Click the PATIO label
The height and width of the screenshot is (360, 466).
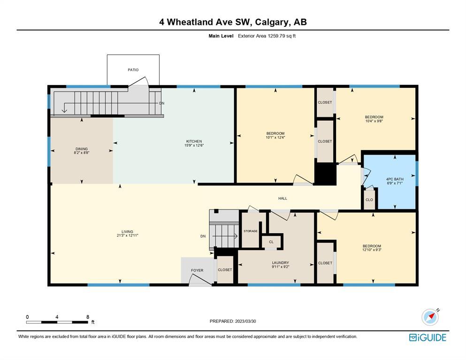coord(133,70)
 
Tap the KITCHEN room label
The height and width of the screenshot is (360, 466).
coord(194,141)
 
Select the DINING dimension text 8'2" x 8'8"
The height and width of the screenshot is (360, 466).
coord(82,153)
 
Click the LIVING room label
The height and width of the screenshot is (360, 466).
coord(127,231)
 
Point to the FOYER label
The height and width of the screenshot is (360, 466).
coord(197,270)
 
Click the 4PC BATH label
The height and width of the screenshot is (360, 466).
coord(395,179)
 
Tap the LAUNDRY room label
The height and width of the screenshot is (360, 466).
coord(280,263)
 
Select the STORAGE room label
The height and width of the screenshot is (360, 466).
coord(251,231)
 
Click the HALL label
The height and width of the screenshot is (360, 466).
coord(283,198)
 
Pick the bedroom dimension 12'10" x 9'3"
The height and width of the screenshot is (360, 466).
coord(372,250)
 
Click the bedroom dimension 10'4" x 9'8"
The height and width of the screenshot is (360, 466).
coord(374,121)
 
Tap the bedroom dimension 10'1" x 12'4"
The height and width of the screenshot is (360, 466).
coord(275,138)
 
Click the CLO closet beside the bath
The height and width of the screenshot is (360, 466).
coord(369,200)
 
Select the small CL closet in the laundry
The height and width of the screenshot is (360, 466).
coord(271,242)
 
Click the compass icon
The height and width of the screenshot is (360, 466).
coord(430,317)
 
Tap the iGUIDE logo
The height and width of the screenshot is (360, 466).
coord(428,337)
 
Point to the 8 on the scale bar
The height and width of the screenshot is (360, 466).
coord(88,317)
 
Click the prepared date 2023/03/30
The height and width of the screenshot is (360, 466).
coord(245,322)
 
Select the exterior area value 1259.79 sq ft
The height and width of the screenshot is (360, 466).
coord(282,36)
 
